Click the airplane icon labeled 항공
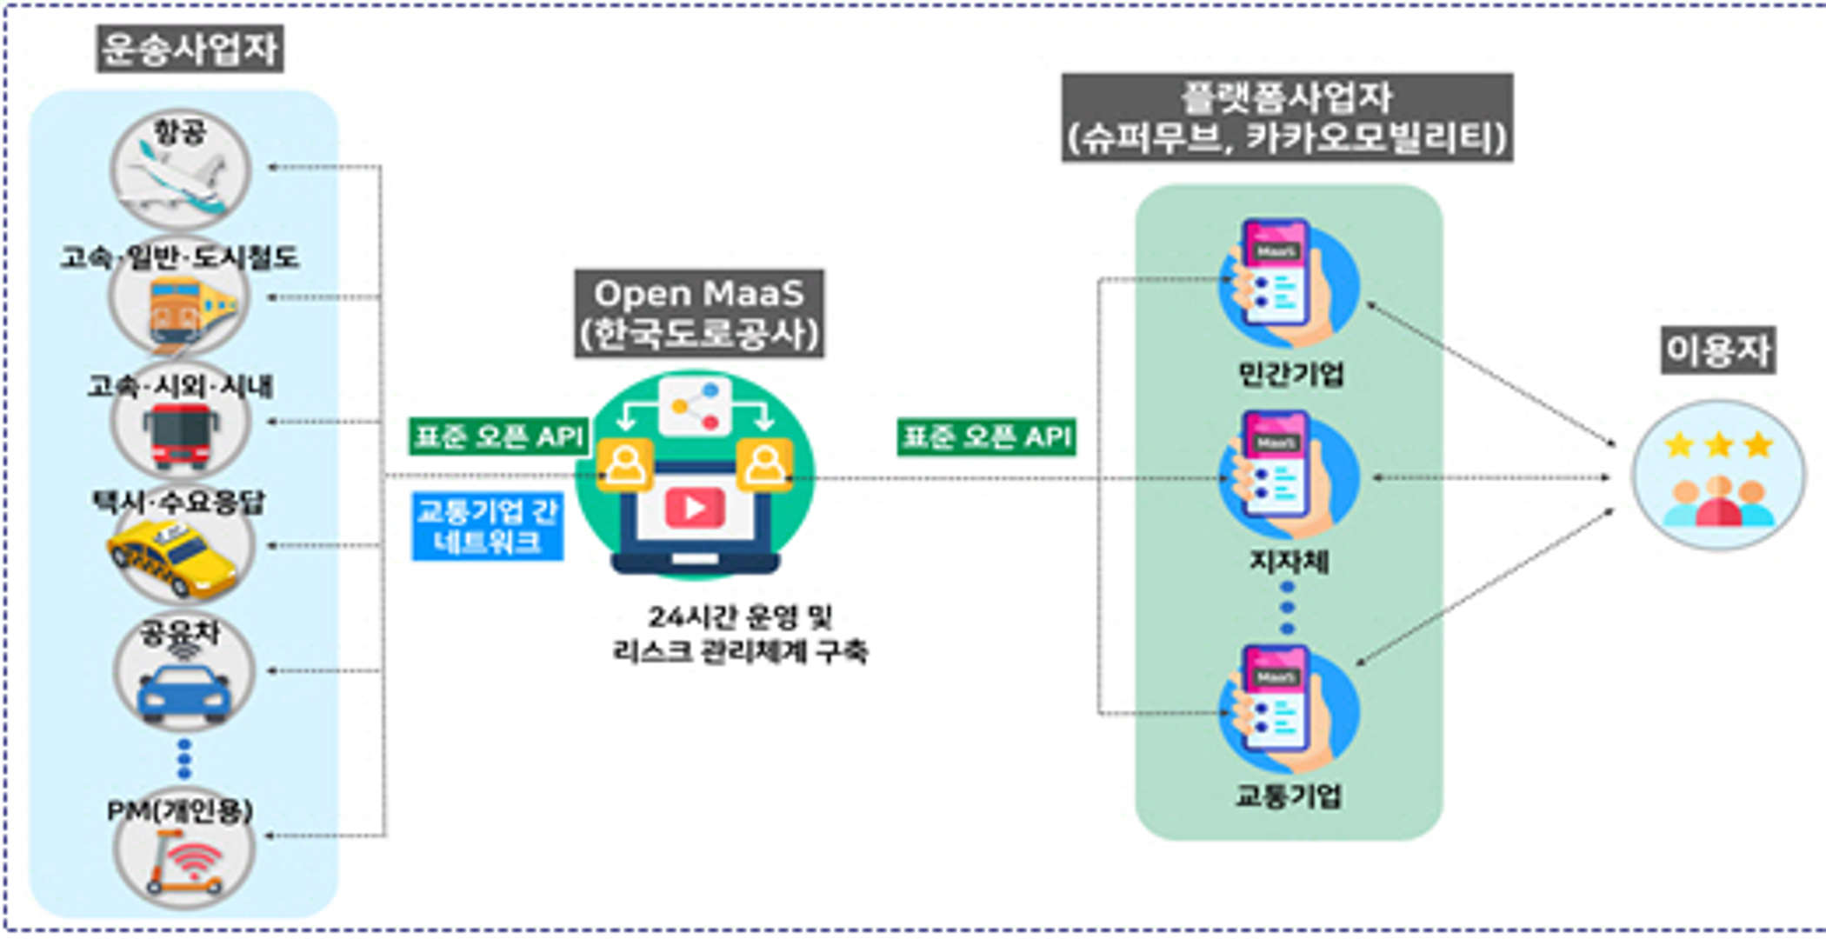click(181, 183)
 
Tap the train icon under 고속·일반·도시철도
click(184, 309)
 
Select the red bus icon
click(181, 435)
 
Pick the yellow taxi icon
click(174, 556)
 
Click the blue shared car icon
click(184, 687)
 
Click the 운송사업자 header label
click(190, 49)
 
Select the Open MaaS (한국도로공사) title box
click(699, 313)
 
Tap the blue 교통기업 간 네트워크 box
click(488, 526)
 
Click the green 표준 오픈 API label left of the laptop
click(499, 436)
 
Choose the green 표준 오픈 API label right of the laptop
click(986, 436)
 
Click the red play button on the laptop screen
click(695, 508)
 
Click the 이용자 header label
click(1718, 350)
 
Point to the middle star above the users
click(1719, 446)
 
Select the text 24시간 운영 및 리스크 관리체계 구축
click(740, 634)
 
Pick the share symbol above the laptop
click(695, 406)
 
